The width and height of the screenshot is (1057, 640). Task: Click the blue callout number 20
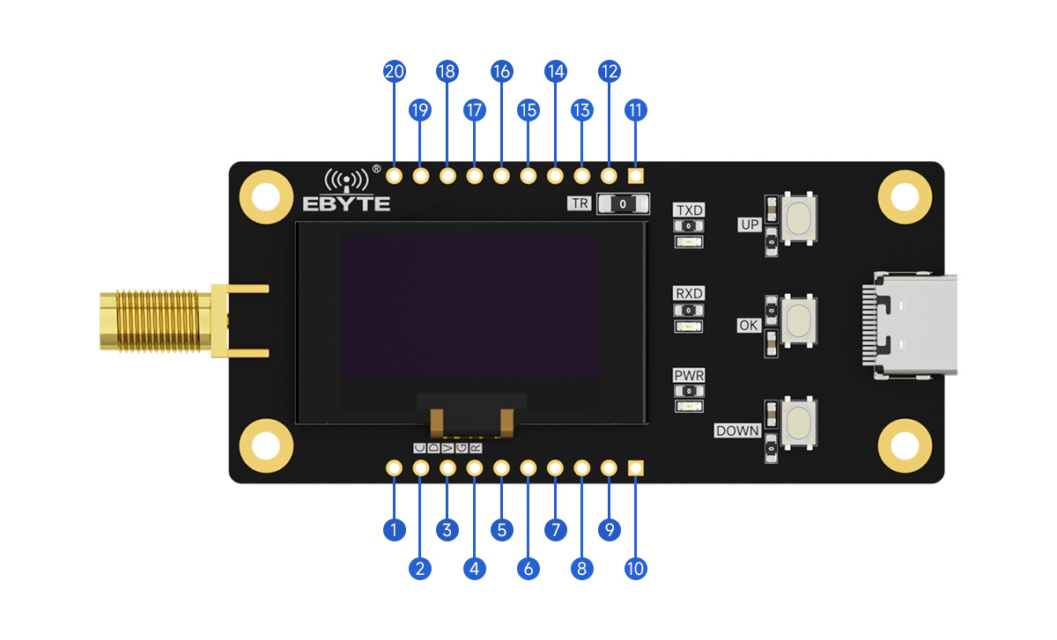395,72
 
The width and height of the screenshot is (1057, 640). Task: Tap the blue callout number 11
635,110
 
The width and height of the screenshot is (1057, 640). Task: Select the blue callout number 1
395,530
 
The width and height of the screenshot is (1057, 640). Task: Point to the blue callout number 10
635,569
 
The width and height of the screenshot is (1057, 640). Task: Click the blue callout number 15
528,110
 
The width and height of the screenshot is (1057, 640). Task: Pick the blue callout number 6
528,569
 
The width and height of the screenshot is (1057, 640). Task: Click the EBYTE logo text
346,203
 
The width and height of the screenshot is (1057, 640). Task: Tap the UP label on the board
749,225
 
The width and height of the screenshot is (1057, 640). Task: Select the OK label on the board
748,326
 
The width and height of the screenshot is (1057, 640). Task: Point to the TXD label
689,210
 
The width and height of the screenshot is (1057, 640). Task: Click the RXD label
689,293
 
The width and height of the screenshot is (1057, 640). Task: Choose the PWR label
689,376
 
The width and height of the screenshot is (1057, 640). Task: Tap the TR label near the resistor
579,203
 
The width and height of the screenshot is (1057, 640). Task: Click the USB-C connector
912,326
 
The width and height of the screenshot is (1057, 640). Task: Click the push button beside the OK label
798,317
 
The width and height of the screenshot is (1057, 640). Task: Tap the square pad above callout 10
635,468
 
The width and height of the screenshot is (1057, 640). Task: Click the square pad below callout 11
635,175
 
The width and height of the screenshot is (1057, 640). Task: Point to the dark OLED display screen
470,307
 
